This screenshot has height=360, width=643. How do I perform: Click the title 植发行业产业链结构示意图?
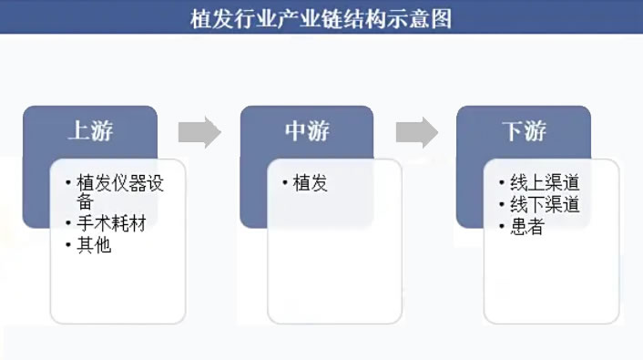[x=321, y=17]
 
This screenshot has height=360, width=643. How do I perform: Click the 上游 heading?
[x=90, y=131]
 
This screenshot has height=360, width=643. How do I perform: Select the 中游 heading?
[x=307, y=131]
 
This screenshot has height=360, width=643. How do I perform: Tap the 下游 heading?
[x=524, y=131]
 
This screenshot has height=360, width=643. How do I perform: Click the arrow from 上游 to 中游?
[x=199, y=132]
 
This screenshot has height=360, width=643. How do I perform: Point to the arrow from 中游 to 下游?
[x=416, y=132]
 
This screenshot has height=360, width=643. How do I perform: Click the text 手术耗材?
[x=111, y=224]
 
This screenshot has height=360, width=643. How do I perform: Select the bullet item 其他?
[x=94, y=245]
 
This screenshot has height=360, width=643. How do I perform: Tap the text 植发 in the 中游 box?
[x=310, y=183]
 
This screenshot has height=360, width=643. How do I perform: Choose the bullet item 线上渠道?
[x=545, y=182]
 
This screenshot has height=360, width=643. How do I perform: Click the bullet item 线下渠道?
[x=545, y=205]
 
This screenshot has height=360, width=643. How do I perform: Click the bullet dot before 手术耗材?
[x=68, y=224]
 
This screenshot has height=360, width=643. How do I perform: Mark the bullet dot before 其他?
[x=68, y=245]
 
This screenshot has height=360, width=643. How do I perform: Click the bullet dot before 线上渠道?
[x=502, y=182]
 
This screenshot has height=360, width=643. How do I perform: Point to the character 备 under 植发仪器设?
[x=85, y=202]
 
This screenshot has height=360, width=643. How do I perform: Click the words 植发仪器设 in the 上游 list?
[x=120, y=183]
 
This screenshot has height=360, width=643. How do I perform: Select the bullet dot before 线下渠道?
[x=502, y=205]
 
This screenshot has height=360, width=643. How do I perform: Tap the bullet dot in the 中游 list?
[x=285, y=183]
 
